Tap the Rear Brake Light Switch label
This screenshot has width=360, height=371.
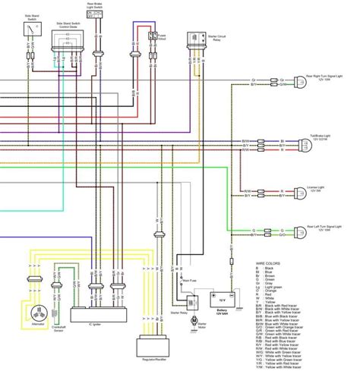tap(96, 8)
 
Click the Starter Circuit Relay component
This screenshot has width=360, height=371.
tap(195, 39)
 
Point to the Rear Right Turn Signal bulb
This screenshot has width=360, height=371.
tap(299, 82)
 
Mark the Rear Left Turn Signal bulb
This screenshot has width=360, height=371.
tap(299, 230)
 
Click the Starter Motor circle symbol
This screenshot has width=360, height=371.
tap(192, 322)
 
